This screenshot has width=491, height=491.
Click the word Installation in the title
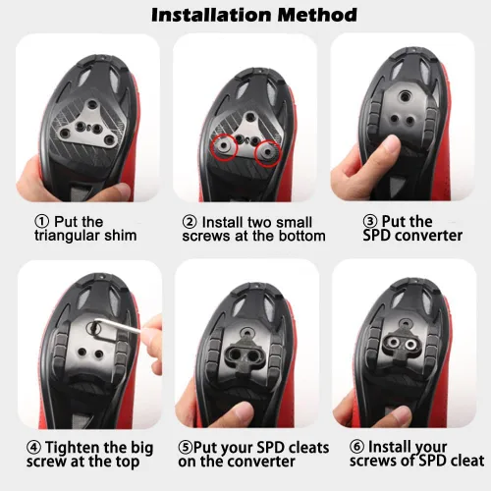(x=212, y=15)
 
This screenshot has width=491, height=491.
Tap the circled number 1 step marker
(x=42, y=222)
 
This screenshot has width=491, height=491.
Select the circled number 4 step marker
(x=33, y=448)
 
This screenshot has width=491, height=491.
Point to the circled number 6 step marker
(x=356, y=446)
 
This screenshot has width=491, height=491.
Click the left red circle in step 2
(x=224, y=147)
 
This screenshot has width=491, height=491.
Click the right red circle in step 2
(x=268, y=153)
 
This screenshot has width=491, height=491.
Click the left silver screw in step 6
(x=394, y=343)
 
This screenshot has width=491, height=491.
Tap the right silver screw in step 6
(x=409, y=345)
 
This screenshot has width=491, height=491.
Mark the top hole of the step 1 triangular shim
(x=91, y=105)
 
